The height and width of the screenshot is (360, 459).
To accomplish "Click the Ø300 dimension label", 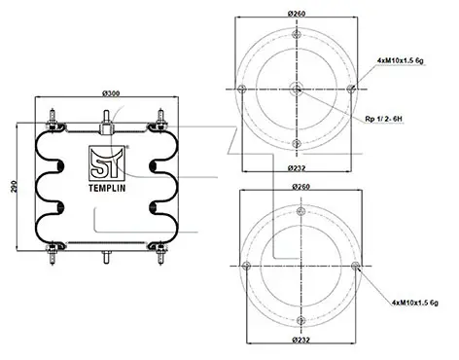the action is coord(111,93).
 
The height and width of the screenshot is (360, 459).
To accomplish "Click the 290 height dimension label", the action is coord(14,186).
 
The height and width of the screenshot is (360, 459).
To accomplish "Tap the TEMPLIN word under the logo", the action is coord(107,189).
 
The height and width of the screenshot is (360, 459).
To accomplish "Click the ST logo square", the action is coord(107,163).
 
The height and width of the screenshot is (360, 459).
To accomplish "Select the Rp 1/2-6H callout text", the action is coord(383,119).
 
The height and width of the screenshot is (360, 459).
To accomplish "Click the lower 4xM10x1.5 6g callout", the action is coord(415,303).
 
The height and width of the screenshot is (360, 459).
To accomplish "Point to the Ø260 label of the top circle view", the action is coord(297,14).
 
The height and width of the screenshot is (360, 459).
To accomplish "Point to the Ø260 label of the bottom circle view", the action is coord(301,187).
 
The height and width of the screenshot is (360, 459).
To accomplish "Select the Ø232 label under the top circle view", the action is coord(297,168).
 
